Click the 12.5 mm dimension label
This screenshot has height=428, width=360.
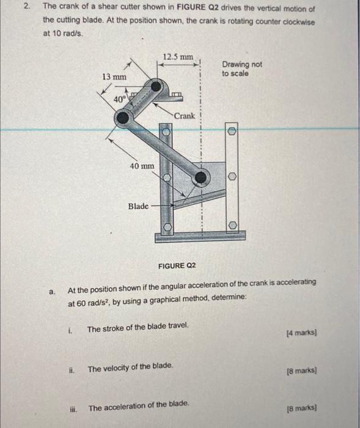tap(178, 57)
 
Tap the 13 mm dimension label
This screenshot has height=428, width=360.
tap(114, 76)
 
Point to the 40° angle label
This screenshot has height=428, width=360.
tap(120, 98)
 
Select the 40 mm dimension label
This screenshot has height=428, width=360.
tap(142, 166)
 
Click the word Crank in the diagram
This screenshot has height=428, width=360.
tap(184, 116)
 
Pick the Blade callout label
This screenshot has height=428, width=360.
tap(138, 206)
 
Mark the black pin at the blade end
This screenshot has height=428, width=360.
tap(200, 177)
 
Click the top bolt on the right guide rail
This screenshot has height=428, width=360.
tap(232, 131)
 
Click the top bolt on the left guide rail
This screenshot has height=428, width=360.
tap(166, 132)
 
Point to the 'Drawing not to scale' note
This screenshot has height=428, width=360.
tap(241, 68)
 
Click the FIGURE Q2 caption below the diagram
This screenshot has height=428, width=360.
tap(177, 265)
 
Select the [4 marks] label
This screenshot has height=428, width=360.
tap(301, 333)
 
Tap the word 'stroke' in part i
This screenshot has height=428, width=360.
tap(116, 328)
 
